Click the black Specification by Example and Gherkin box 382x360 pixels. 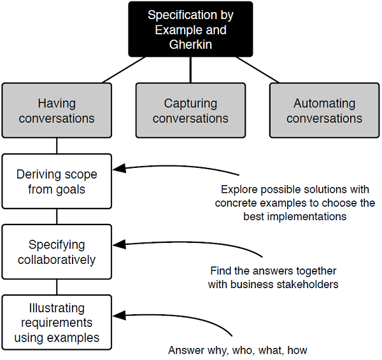[190, 29]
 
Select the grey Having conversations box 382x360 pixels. [57, 111]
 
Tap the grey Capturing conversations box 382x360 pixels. [190, 111]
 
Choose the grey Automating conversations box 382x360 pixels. [324, 111]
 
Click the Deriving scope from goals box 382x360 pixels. [57, 181]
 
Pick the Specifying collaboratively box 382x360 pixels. [57, 252]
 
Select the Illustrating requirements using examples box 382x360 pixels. [57, 322]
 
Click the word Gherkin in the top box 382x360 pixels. [190, 45]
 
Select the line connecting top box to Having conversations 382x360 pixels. [124, 70]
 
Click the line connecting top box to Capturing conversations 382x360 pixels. [190, 70]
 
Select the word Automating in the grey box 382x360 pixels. [324, 103]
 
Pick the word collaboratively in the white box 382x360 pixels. [57, 260]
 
